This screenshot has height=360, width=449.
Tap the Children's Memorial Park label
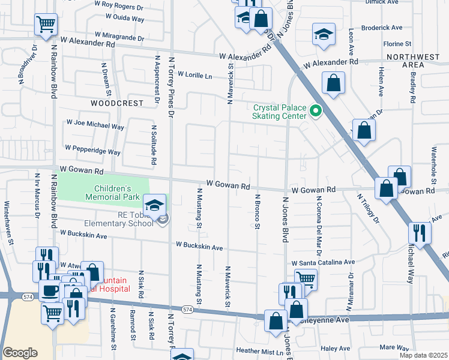112,192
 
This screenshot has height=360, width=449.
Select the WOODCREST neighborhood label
117,103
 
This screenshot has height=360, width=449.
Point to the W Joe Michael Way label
95,127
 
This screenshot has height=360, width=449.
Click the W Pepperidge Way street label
92,150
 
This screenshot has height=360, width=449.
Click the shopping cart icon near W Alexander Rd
46,25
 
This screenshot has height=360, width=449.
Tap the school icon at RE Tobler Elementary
155,205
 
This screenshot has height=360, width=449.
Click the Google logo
20,353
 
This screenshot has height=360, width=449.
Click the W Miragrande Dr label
115,37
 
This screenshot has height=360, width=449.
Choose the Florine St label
397,44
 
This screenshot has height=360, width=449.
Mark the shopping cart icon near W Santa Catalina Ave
306,278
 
